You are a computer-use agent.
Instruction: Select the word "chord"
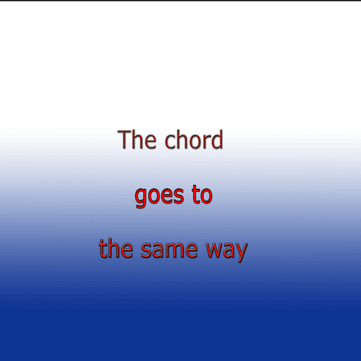coord(194,139)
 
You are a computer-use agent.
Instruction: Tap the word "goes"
coord(159,196)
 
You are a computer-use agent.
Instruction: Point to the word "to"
coord(202,195)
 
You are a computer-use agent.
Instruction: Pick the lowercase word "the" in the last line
coord(116,248)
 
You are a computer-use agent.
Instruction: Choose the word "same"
coord(169,250)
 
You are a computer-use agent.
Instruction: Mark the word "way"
coord(227,253)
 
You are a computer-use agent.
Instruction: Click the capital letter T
coord(125,139)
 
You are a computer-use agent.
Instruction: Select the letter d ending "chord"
coord(217,139)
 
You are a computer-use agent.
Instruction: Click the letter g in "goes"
coord(141,199)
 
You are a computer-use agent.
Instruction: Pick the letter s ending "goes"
coord(179,197)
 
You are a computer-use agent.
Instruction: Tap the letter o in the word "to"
coord(206,197)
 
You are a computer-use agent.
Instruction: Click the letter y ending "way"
coord(241,253)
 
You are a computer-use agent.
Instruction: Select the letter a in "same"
coord(157,250)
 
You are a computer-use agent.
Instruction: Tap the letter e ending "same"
coord(191,250)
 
